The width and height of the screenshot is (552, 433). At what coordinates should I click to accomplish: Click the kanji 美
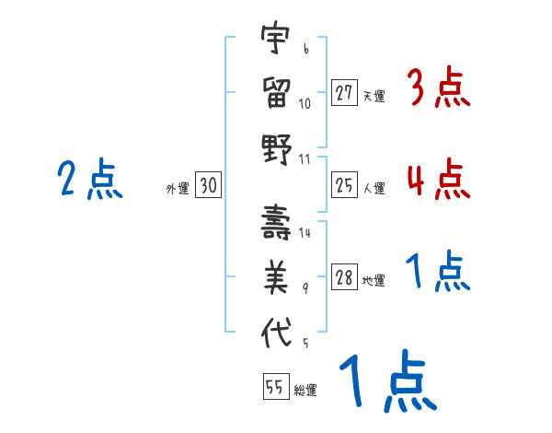275,275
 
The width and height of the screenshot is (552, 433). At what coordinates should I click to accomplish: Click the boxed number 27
344,93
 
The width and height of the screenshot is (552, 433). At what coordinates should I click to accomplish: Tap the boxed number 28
344,279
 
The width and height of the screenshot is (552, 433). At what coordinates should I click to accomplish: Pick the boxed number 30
208,186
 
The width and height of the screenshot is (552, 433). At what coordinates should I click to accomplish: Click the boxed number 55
275,388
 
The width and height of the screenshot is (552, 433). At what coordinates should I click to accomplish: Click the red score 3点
438,88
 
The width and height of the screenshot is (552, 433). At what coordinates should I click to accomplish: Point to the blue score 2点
90,179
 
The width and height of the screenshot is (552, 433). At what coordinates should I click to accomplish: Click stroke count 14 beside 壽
305,234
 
